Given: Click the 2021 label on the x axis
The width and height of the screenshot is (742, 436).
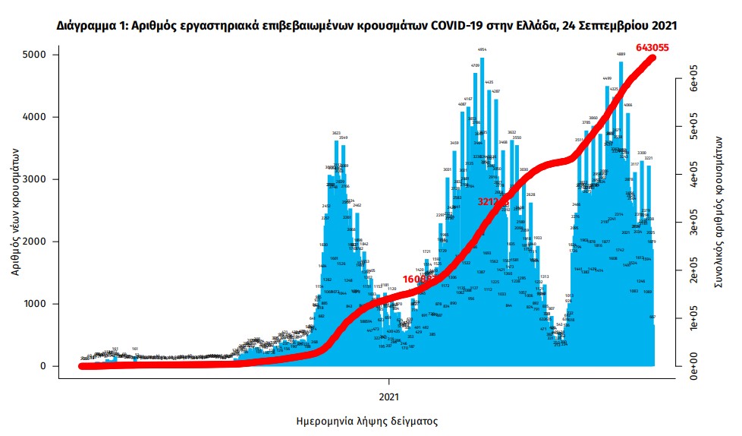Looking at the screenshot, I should [x=388, y=396].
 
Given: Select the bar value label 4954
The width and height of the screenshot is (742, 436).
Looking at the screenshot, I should [x=482, y=49].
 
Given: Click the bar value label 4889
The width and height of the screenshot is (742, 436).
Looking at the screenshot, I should [x=621, y=55].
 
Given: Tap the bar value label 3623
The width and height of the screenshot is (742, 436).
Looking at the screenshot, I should [x=335, y=133].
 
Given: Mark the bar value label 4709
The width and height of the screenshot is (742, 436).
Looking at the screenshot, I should [x=476, y=66].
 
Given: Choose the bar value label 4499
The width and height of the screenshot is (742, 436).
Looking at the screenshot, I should [x=607, y=79].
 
